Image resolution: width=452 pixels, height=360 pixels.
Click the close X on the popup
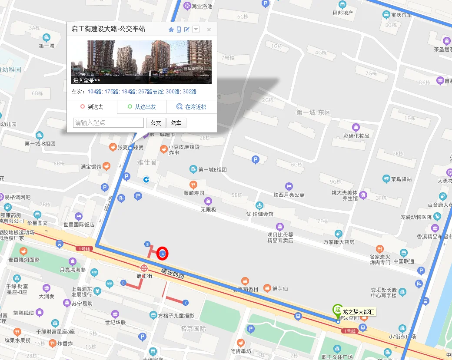tap(209, 30)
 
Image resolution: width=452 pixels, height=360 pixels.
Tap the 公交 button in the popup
tap(156, 123)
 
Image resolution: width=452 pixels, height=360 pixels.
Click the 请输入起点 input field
tap(108, 123)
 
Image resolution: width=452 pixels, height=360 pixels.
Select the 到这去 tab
tap(92, 107)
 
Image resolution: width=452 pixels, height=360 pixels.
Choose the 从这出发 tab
tap(142, 107)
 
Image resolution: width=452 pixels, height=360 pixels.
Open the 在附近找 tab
tap(192, 107)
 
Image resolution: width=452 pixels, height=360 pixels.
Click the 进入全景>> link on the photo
tap(86, 80)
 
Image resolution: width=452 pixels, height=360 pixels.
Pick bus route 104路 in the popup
tap(94, 92)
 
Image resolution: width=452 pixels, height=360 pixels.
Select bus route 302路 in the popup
tap(189, 92)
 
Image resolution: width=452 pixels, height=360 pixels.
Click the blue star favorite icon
tap(171, 30)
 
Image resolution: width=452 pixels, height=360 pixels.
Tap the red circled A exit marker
tap(163, 253)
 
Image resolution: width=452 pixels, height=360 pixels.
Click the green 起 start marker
tap(337, 309)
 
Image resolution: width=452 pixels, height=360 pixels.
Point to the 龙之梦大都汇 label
tap(358, 312)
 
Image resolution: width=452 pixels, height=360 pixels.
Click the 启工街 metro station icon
tap(144, 268)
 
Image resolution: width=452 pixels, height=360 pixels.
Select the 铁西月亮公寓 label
tap(289, 195)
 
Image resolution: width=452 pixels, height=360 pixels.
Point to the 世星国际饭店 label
tap(79, 225)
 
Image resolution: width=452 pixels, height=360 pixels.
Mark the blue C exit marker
tap(186, 303)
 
